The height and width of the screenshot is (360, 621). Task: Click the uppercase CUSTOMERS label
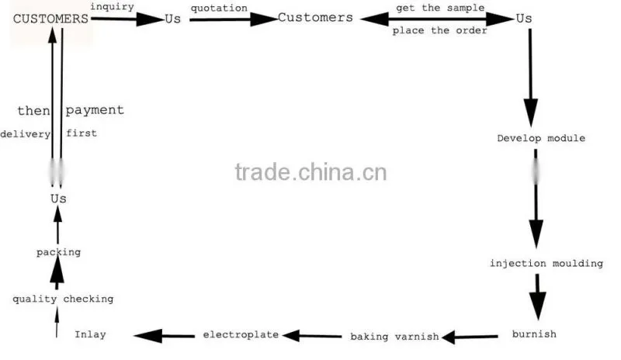pos(50,19)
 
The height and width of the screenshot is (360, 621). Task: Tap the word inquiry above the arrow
pos(112,7)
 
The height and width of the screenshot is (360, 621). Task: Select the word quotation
pos(219,9)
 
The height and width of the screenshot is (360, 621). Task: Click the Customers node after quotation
pos(315,17)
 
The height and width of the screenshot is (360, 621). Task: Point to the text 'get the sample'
pos(440,8)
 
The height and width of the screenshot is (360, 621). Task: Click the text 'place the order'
pos(439,30)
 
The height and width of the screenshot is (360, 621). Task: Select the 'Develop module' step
pos(541,138)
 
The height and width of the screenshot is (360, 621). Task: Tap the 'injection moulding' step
pos(546,263)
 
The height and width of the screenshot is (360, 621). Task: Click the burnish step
pos(534,334)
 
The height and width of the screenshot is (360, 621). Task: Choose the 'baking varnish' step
pos(394,337)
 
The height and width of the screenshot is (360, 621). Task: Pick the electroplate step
pos(241,334)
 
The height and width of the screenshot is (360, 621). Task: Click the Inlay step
pos(90,334)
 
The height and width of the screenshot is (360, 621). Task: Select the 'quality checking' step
pos(63,299)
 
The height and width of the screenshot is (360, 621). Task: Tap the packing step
pos(59,252)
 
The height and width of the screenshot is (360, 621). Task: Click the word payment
pos(95,110)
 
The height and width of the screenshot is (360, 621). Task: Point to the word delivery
pos(26,134)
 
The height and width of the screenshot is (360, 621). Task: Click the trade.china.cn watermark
pos(311,172)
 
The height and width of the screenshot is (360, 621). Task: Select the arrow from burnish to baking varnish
pos(470,337)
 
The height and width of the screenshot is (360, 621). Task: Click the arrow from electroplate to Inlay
pos(164,336)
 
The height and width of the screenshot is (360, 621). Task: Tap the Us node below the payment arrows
pos(58,199)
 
